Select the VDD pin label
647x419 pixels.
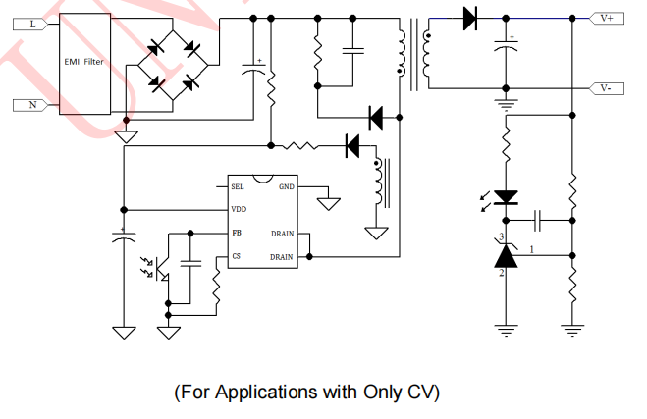pyautogui.click(x=239, y=210)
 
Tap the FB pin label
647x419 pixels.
pyautogui.click(x=236, y=234)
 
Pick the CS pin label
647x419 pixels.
pyautogui.click(x=236, y=256)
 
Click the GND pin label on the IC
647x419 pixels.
pyautogui.click(x=286, y=186)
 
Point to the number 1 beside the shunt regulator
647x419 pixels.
pyautogui.click(x=532, y=249)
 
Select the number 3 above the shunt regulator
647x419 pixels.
pyautogui.click(x=501, y=237)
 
